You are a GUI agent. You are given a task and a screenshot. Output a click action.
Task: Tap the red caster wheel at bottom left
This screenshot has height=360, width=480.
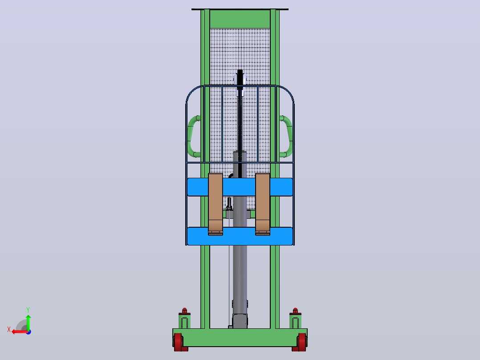178,342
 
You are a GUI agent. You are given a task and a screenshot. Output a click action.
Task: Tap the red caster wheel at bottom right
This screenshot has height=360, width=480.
302,342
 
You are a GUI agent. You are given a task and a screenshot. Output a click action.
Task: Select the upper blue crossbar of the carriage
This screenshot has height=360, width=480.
240,187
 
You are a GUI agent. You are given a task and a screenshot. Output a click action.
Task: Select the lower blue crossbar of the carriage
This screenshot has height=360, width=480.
240,236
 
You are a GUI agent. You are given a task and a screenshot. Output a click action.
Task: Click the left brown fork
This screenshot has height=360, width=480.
216,204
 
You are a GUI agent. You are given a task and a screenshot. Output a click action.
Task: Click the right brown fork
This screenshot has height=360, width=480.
263,204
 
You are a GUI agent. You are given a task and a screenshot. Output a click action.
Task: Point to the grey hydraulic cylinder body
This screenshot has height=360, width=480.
240,239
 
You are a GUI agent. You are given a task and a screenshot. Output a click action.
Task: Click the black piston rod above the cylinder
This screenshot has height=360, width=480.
240,123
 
